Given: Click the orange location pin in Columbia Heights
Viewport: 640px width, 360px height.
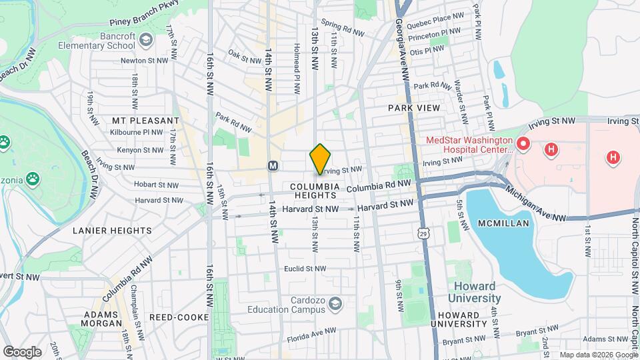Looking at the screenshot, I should click(320, 159).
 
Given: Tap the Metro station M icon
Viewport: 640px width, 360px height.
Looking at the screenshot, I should click(272, 165).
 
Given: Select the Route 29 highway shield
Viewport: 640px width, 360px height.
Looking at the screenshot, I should click(424, 233).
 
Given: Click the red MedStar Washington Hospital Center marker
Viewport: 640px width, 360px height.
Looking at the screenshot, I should click(523, 143).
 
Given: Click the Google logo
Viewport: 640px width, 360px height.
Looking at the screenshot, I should click(22, 351).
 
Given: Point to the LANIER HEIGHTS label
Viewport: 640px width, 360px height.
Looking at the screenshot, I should click(113, 231).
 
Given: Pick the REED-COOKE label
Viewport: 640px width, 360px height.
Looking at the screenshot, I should click(179, 317).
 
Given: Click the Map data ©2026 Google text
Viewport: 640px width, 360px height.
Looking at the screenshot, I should click(597, 355).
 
